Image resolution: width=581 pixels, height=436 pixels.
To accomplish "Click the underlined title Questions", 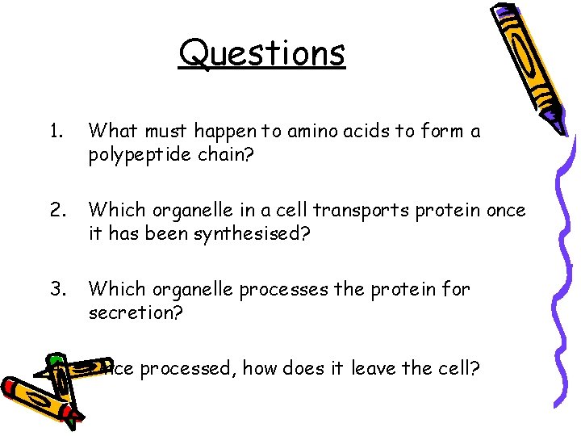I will click(262, 53).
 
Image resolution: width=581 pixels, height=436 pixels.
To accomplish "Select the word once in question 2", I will click(504, 210).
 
